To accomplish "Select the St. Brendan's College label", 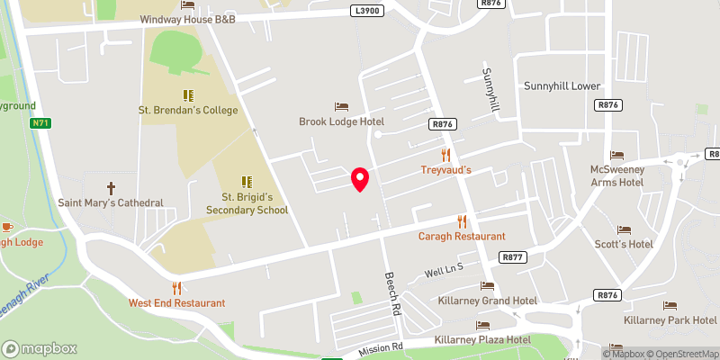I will [x=188, y=111].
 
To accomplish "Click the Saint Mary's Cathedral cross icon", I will [x=112, y=188].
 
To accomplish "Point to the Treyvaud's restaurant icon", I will [x=445, y=155].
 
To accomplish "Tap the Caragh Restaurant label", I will [x=462, y=236].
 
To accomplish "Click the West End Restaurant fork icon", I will [x=176, y=288].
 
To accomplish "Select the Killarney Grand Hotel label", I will [x=487, y=301].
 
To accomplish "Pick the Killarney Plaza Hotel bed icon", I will [x=482, y=325].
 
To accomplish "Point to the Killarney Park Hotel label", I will [x=670, y=320].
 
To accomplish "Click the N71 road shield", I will [x=40, y=123].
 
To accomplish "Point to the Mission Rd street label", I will [x=382, y=347].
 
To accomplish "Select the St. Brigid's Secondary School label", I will [x=255, y=202].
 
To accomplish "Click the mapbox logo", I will [x=40, y=348].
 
